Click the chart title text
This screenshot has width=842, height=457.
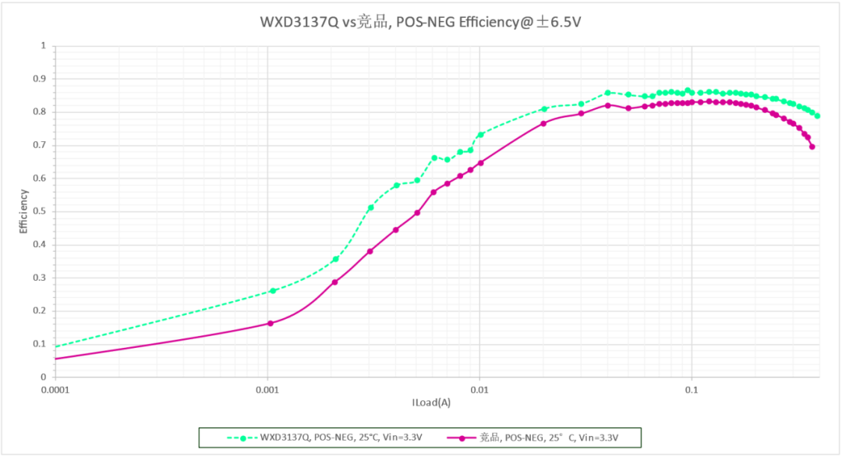(420, 22)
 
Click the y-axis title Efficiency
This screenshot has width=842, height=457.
(23, 211)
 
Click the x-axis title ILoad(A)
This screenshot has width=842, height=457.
(431, 403)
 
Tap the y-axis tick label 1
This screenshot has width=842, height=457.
(44, 46)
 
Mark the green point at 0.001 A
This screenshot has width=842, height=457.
(272, 291)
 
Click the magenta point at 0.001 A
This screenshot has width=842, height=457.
(271, 323)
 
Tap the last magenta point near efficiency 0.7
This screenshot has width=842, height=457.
(812, 147)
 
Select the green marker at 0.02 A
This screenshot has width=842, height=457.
(544, 109)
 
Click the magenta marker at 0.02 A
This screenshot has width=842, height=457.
(543, 123)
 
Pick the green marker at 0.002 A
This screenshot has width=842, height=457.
(336, 259)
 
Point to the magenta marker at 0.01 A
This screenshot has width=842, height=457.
(480, 163)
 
